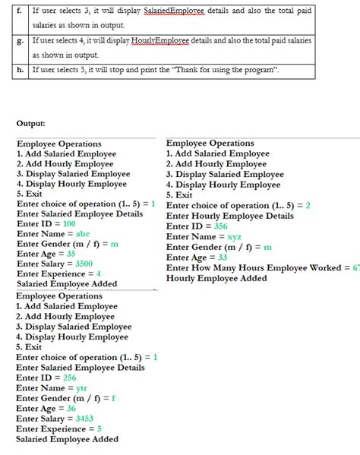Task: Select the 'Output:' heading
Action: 30,123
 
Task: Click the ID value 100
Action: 68,224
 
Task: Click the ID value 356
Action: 220,226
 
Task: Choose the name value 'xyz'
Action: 235,236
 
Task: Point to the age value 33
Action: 223,257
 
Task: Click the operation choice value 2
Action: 308,205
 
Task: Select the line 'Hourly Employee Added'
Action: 216,278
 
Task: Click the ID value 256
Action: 69,378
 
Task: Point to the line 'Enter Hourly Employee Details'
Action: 229,216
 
